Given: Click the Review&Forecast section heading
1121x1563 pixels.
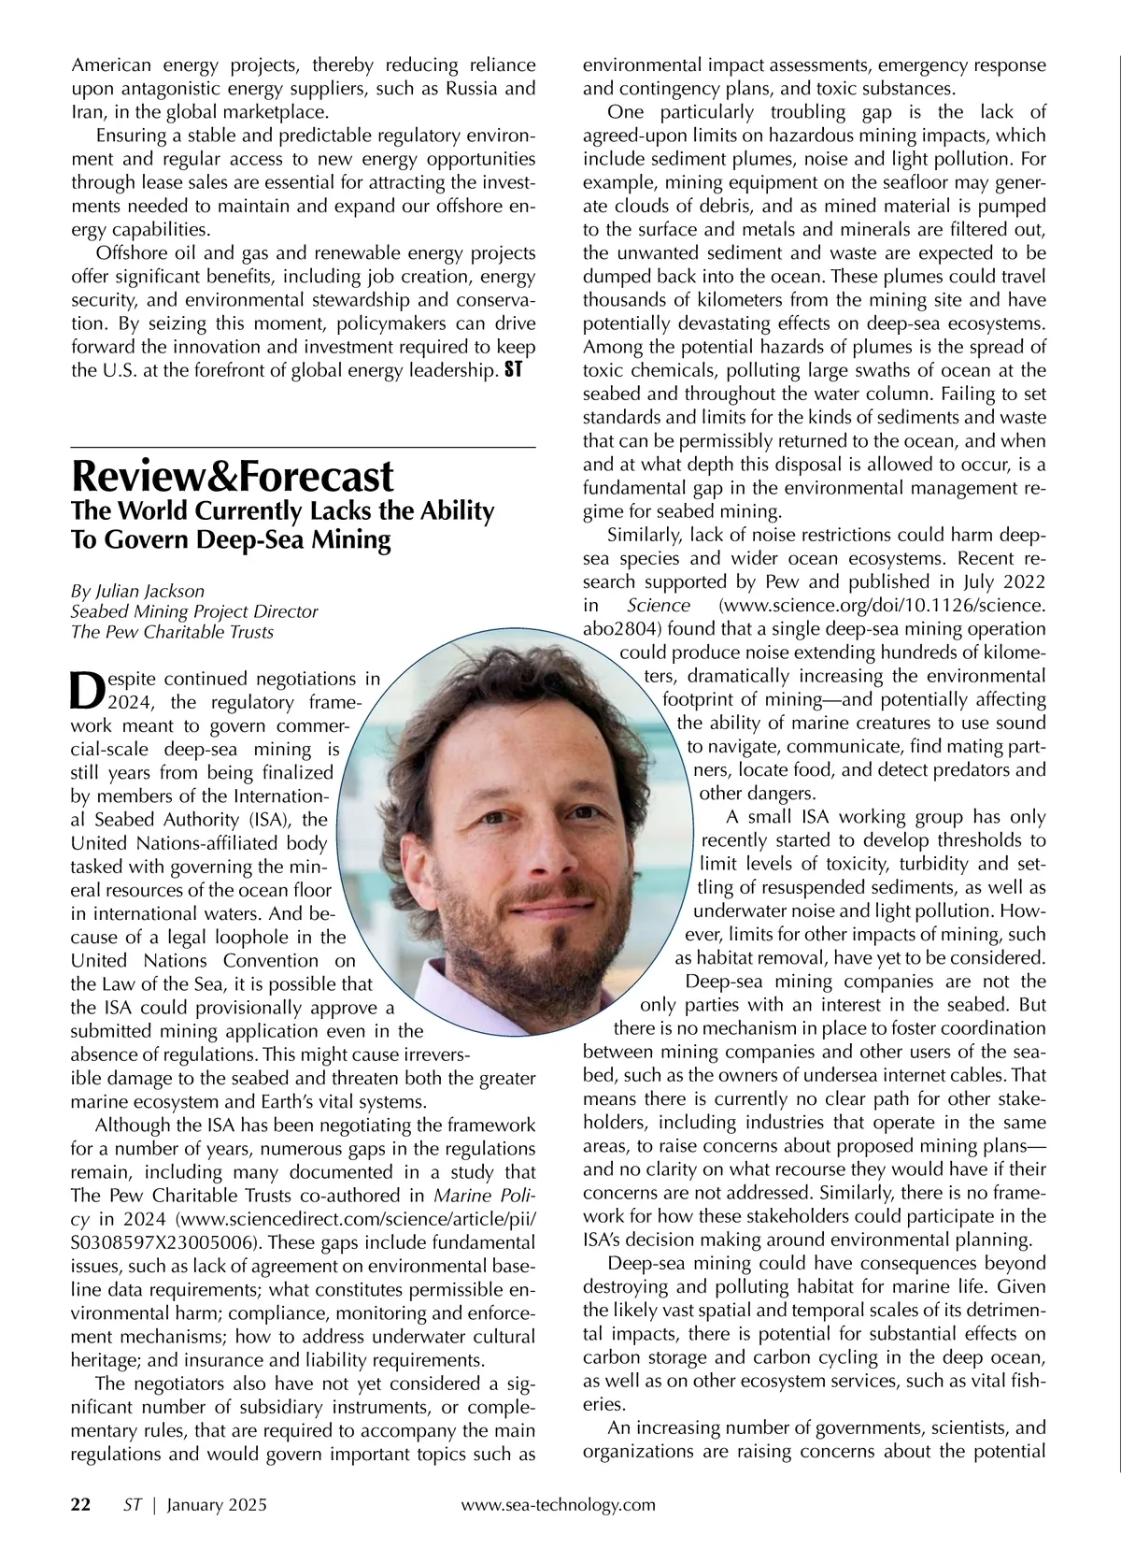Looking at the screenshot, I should tap(233, 478).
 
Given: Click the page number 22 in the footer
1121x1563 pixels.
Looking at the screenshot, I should tap(81, 1504).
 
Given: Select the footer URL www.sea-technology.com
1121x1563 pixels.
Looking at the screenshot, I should tap(559, 1504).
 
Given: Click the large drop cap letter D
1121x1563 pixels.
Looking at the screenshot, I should tap(86, 689).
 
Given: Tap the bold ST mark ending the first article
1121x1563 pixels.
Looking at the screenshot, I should tap(513, 370).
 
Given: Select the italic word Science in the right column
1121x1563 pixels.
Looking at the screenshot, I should tap(659, 606).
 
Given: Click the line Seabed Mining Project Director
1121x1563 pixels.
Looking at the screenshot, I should tap(194, 611).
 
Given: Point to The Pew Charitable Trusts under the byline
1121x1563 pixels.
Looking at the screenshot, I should tap(173, 632).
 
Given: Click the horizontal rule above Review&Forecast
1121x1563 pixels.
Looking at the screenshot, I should tap(304, 449).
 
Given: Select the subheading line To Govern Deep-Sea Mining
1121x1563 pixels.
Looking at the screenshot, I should tap(231, 541).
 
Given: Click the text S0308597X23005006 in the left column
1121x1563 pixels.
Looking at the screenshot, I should tap(165, 1242).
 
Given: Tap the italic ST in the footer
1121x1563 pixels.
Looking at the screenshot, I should tap(132, 1504).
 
